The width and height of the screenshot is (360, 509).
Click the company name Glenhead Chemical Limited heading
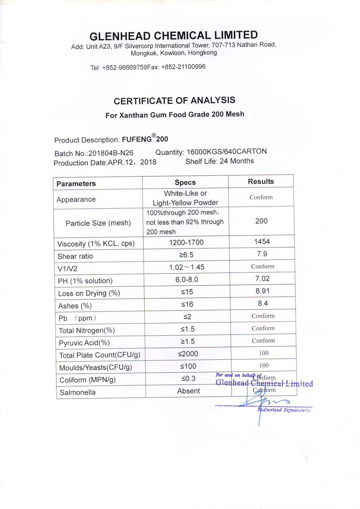(173, 36)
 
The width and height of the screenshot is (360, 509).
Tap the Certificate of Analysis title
(174, 101)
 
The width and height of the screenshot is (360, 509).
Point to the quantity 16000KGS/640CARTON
(227, 152)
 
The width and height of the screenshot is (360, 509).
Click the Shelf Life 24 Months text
(220, 161)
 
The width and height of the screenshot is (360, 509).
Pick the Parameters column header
(76, 184)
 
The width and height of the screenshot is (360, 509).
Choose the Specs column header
(185, 183)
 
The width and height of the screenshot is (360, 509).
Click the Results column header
(261, 181)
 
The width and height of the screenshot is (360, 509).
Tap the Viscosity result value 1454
(262, 241)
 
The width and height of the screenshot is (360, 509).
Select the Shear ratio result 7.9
(262, 254)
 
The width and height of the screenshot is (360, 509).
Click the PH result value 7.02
(262, 278)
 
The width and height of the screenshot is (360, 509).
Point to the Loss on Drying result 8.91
(263, 291)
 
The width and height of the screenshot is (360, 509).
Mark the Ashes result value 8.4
(263, 303)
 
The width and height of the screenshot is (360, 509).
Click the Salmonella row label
(77, 392)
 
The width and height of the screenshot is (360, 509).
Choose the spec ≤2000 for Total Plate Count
(188, 354)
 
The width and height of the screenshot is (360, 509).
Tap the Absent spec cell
(188, 391)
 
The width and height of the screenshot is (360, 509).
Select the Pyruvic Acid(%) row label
(84, 343)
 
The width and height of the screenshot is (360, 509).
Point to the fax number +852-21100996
(183, 67)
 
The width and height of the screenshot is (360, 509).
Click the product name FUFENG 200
(145, 139)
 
